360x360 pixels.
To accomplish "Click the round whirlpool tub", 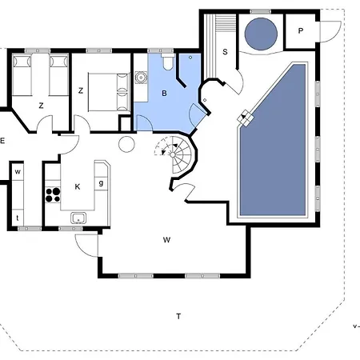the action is click(x=261, y=34).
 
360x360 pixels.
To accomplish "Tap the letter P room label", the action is click(x=301, y=31).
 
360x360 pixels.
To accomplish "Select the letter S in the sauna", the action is click(x=225, y=52).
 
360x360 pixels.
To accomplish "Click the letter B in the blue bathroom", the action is click(x=164, y=94).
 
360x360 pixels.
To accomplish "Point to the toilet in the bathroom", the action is click(x=168, y=62).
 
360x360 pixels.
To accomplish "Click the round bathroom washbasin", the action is click(x=141, y=78).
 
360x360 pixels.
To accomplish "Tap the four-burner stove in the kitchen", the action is click(x=53, y=195).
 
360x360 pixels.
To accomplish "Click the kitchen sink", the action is click(x=78, y=218).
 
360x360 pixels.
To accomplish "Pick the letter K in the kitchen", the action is click(x=78, y=187).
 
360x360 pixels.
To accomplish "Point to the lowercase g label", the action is click(x=101, y=183).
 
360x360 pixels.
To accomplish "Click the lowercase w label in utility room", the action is click(x=18, y=172).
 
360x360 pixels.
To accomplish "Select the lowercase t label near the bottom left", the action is click(x=18, y=218).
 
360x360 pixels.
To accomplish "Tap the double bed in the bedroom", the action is click(x=109, y=92).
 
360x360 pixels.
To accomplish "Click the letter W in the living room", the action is click(x=166, y=240).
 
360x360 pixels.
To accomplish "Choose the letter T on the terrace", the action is click(x=178, y=317).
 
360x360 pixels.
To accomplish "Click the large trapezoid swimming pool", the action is click(x=273, y=150).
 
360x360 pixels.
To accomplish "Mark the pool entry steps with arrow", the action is click(x=246, y=118).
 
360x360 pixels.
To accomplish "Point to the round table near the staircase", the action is click(x=126, y=144).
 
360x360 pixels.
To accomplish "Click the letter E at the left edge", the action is click(x=2, y=141).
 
